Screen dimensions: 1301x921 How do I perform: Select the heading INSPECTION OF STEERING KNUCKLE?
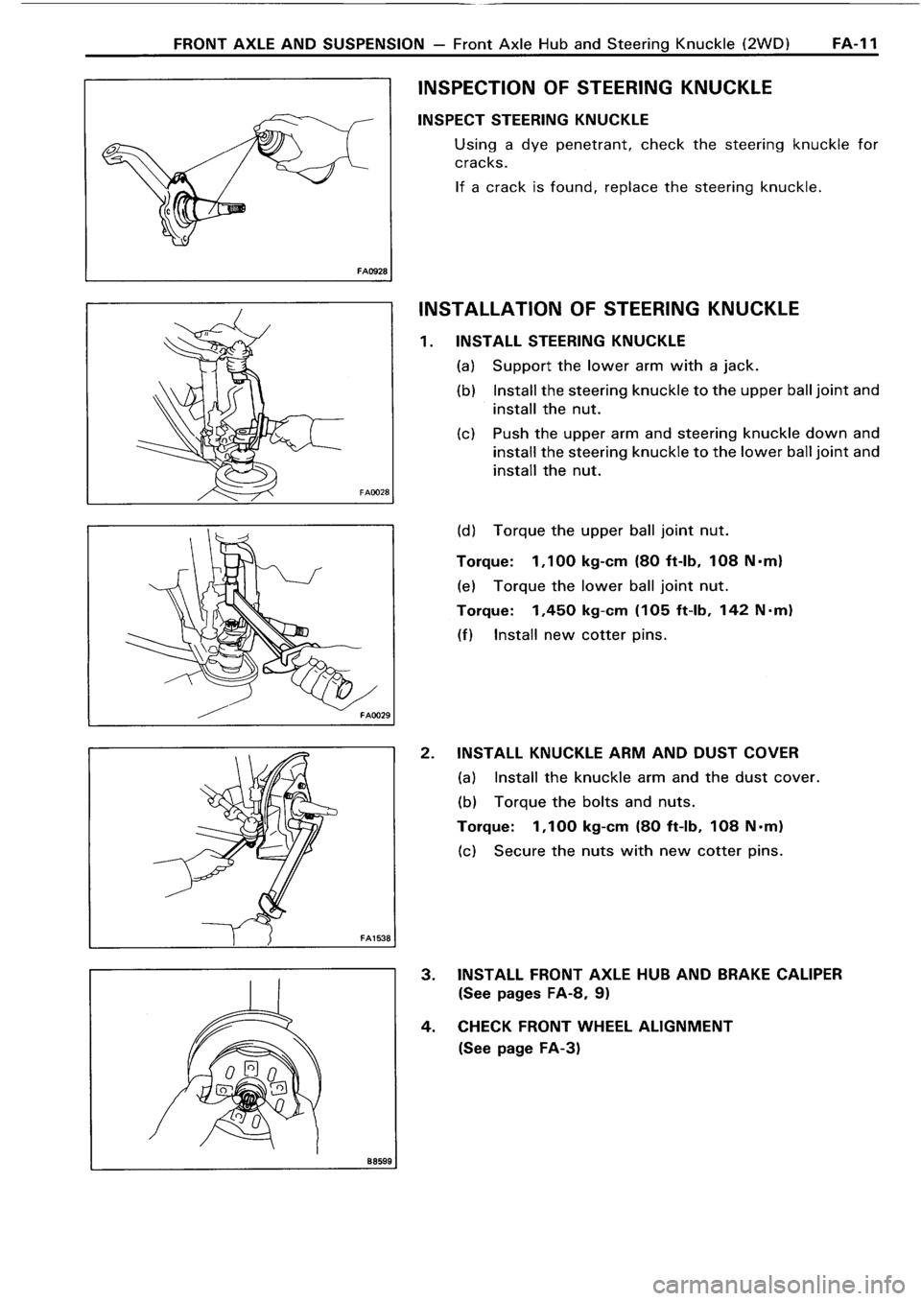595,89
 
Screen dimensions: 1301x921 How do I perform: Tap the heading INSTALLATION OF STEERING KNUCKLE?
606,309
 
